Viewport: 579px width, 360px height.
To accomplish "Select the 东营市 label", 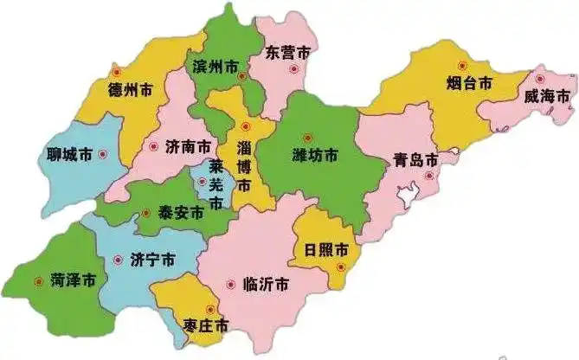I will [288, 53].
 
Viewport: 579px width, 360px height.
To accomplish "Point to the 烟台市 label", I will [469, 83].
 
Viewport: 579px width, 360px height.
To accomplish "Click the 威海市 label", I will [546, 97].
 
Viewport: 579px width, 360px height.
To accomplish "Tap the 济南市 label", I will [189, 146].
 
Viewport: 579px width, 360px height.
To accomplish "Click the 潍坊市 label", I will [314, 156].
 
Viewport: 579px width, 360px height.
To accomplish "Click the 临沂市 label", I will [267, 284].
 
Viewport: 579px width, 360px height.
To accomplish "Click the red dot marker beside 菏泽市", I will [37, 280].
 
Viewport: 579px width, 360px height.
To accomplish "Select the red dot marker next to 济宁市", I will [118, 258].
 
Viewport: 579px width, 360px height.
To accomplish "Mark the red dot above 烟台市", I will [462, 66].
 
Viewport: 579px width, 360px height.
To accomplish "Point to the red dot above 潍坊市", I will [306, 137].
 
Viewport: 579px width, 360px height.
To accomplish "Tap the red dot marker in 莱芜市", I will [202, 182].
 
